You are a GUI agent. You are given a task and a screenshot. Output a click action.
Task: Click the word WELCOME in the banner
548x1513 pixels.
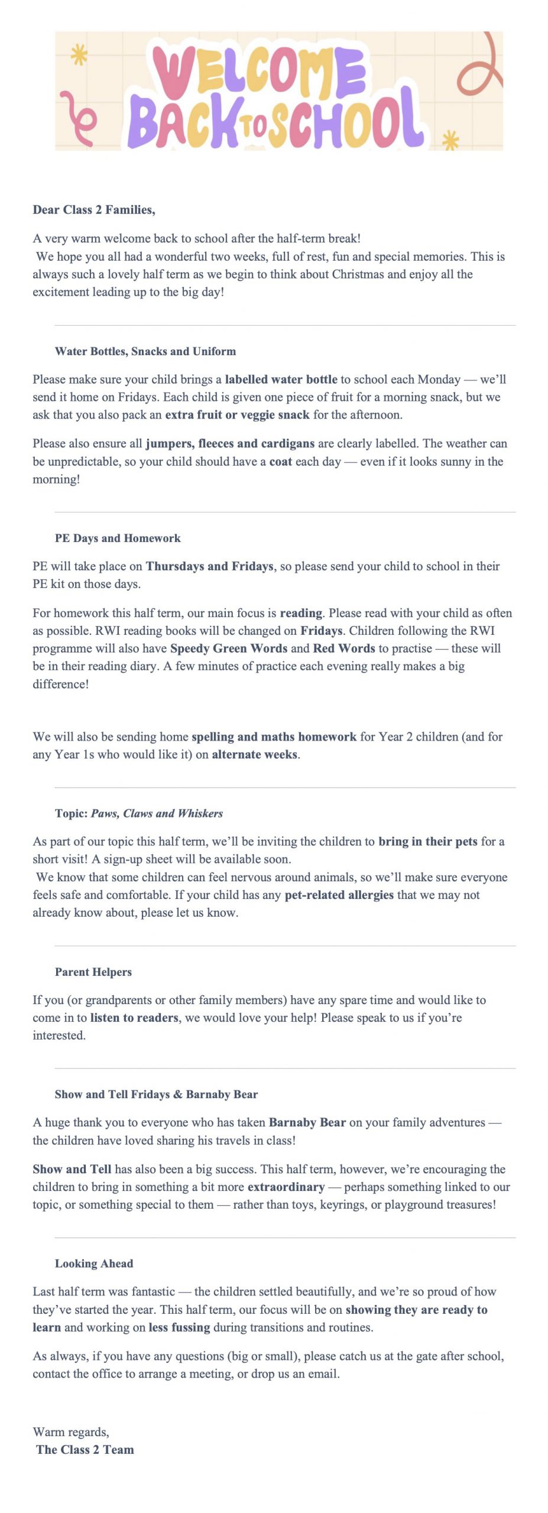click(x=259, y=71)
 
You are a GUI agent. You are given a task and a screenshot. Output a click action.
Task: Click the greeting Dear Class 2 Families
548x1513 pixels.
click(x=94, y=210)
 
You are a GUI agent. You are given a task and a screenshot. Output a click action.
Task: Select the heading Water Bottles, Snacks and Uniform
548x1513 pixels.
click(x=145, y=352)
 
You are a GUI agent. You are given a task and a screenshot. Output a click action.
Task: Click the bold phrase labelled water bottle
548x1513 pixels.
click(x=281, y=379)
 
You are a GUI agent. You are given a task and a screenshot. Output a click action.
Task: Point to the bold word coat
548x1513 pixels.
click(x=281, y=462)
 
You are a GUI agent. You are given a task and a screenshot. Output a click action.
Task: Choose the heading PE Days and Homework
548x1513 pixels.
click(x=118, y=538)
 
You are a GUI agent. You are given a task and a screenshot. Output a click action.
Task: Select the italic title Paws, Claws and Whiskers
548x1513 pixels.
click(x=157, y=814)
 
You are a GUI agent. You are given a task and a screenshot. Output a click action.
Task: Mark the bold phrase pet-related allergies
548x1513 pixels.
click(x=339, y=895)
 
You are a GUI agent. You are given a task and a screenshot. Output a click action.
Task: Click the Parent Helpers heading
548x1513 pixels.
click(x=93, y=972)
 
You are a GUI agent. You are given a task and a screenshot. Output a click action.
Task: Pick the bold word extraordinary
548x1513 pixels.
click(x=286, y=1187)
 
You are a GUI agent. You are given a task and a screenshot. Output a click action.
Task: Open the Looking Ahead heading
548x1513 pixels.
click(x=94, y=1264)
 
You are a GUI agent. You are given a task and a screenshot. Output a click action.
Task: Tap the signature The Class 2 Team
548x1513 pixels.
click(x=85, y=1449)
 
